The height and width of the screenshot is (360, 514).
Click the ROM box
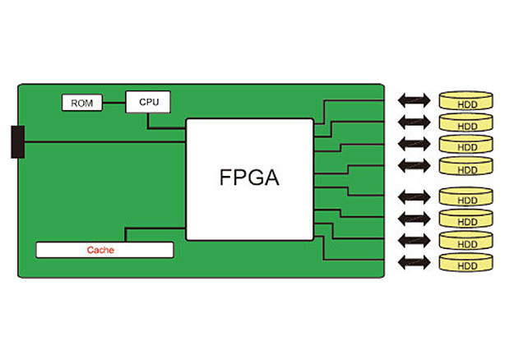pos(81,103)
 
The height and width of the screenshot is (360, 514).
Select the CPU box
pos(148,102)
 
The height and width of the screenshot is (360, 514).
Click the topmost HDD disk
pos(466,101)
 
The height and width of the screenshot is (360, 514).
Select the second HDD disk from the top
pos(466,123)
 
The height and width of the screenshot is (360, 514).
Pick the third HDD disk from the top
pos(466,145)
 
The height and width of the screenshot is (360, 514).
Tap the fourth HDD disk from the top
pos(466,167)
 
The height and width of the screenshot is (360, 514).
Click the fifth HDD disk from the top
pos(466,196)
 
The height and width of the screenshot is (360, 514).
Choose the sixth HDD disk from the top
pos(466,219)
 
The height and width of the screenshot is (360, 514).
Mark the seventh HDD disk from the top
pos(466,242)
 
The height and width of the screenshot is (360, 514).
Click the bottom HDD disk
pos(466,264)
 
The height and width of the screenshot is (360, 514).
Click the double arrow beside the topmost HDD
pos(414,100)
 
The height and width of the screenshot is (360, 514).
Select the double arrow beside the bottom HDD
pos(414,263)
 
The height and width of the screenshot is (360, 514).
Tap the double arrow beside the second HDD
pos(414,122)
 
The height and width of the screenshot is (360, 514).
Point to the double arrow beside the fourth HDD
pos(414,166)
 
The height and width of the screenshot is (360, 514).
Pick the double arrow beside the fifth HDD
pos(414,196)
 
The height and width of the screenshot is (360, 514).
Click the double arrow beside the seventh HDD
pos(414,241)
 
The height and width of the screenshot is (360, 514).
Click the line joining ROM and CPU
pos(113,103)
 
